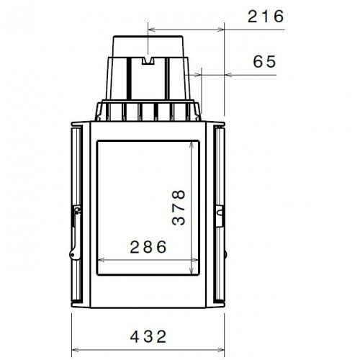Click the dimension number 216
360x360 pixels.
point(266,16)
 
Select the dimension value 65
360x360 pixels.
point(264,62)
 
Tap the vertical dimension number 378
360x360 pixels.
point(179,208)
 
